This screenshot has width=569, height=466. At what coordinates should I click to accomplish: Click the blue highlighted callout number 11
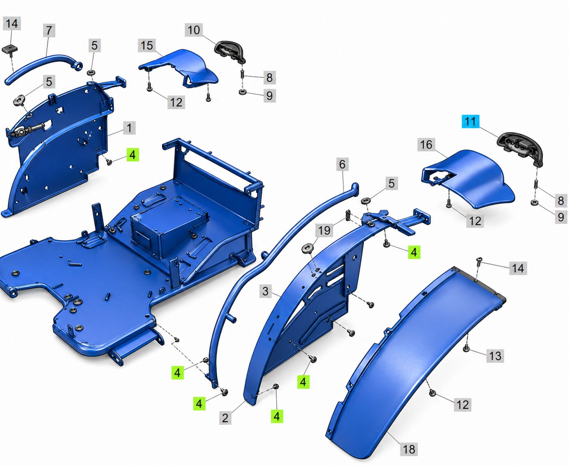pos(470,122)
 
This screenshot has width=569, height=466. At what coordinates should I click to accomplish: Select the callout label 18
pos(409,449)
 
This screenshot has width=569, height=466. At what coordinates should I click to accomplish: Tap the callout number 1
pos(129,128)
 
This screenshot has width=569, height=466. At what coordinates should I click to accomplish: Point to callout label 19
pos(324,230)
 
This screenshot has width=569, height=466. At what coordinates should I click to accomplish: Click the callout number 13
pos(495,356)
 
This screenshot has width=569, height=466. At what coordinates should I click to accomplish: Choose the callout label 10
pos(193,30)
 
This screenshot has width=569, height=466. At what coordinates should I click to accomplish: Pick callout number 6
pos(342,164)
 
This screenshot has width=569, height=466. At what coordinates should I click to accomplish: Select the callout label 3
pos(266,291)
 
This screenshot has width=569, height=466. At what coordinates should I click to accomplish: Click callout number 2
pos(225,418)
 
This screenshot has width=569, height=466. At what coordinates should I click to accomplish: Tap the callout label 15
pos(147,45)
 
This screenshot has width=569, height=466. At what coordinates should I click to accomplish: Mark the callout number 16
pos(426,145)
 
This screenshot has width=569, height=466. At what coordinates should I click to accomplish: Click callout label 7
pos(49,30)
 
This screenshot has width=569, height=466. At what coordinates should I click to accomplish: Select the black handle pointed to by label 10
pos(230,52)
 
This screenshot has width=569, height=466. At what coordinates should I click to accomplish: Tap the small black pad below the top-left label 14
pos(10,50)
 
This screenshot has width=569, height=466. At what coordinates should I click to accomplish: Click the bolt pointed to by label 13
pos(466,349)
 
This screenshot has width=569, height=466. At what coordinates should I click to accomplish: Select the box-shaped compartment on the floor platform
pos(169,228)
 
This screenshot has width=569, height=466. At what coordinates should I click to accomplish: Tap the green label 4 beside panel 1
pos(133,155)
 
